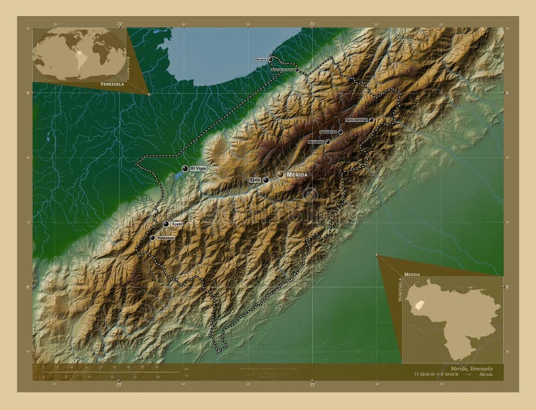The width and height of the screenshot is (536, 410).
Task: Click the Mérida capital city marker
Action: [280, 174]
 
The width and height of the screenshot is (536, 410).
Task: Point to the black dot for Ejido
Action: [266, 180]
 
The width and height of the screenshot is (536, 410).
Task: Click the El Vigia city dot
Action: [184, 168]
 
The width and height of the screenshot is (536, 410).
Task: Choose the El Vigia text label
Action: [198, 168]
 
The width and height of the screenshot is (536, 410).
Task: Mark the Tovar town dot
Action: [166, 224]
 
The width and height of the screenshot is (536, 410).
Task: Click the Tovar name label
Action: [178, 224]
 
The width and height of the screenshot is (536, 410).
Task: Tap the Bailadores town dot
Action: [152, 237]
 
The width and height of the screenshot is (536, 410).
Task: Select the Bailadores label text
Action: [165, 237]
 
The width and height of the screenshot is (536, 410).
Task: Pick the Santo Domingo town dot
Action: [371, 120]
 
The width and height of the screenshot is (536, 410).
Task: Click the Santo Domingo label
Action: [356, 120]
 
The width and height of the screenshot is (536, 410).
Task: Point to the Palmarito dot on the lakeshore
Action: [271, 58]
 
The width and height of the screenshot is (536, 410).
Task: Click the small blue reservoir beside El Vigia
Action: [178, 177]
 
